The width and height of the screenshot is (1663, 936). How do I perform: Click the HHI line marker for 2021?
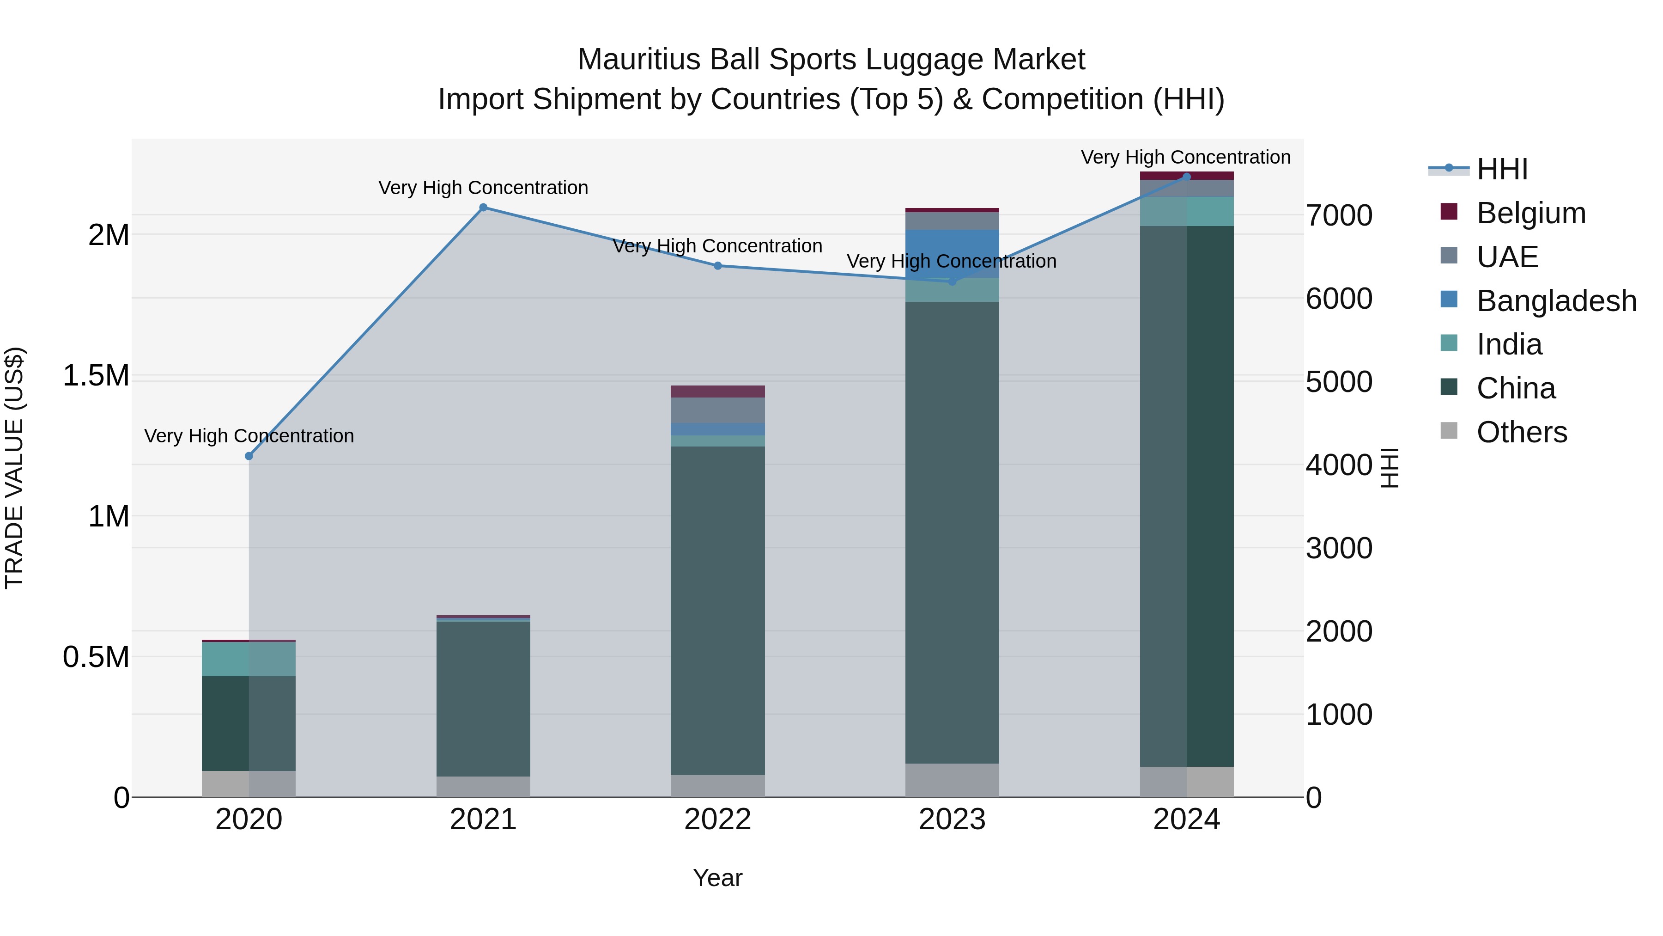[x=483, y=208]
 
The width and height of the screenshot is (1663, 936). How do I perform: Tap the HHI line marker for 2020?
[x=249, y=456]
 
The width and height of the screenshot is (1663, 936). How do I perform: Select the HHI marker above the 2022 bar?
[x=717, y=265]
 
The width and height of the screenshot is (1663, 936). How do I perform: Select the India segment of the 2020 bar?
[x=249, y=659]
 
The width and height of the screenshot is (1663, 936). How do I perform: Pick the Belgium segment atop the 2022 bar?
[x=717, y=392]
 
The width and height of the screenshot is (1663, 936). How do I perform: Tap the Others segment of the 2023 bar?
[x=952, y=780]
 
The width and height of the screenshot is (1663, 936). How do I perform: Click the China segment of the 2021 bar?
[x=483, y=697]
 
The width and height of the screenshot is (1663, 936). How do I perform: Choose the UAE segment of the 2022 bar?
[x=717, y=410]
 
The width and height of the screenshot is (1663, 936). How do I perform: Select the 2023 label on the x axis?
[x=952, y=820]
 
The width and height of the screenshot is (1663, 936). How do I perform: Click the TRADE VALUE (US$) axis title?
[x=14, y=468]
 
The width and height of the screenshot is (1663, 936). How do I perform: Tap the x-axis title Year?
[x=717, y=878]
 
